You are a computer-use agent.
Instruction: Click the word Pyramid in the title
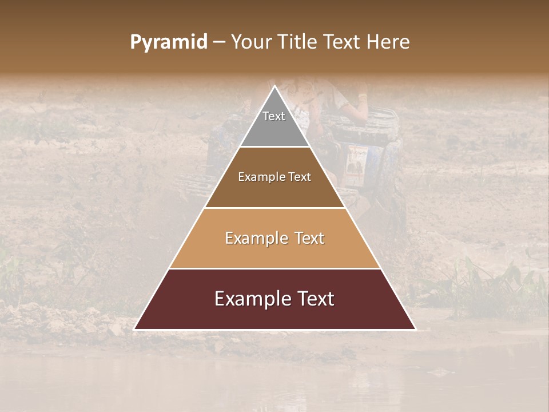pos(168,42)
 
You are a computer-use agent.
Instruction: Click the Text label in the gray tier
pos(274,116)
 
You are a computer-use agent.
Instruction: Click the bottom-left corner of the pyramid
pos(135,329)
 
